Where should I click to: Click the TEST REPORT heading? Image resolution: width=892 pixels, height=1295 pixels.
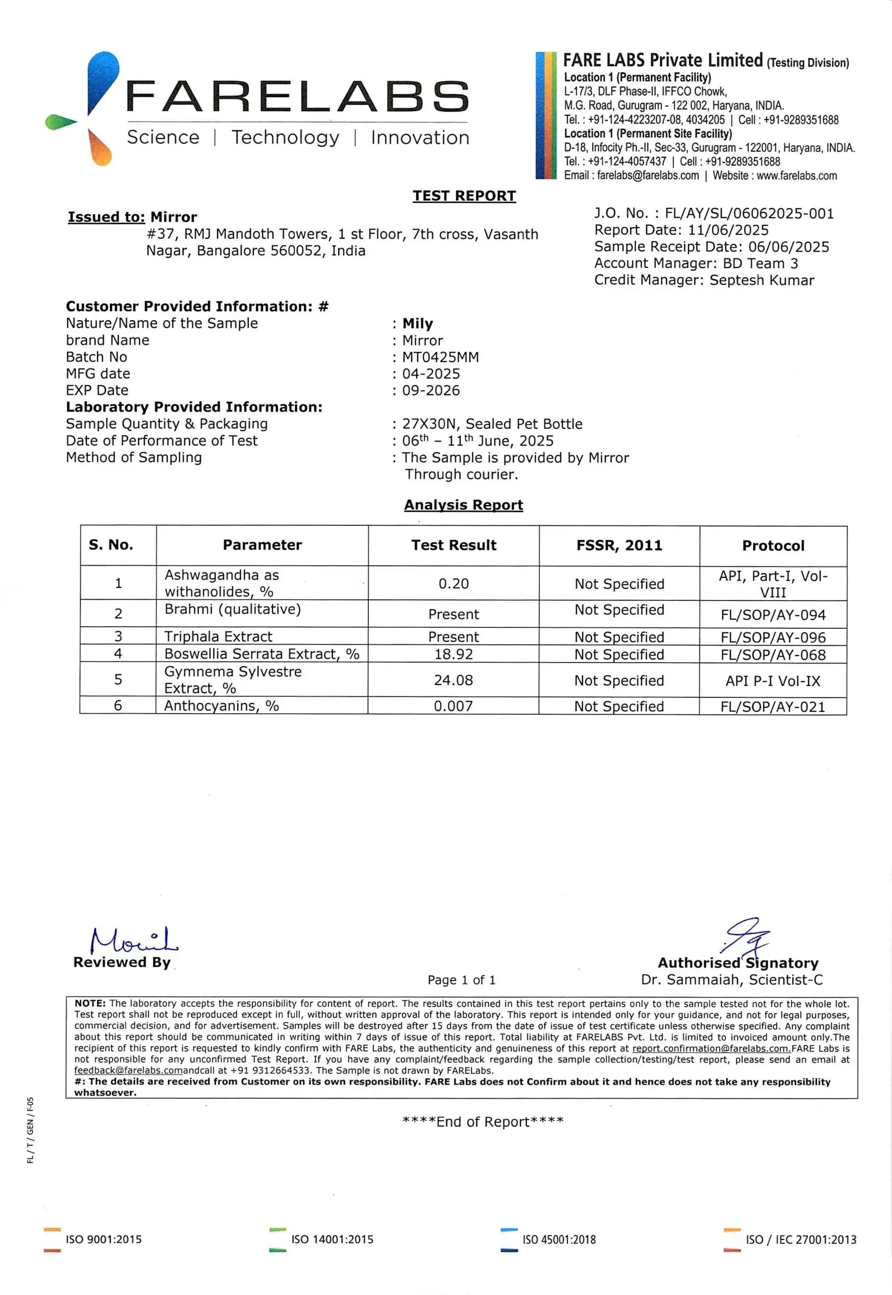pyautogui.click(x=464, y=196)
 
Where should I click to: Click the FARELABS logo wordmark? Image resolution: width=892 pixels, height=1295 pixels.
pyautogui.click(x=297, y=96)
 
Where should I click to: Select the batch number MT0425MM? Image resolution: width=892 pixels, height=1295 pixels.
pyautogui.click(x=440, y=357)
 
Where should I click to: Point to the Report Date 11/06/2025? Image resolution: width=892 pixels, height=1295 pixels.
pyautogui.click(x=728, y=230)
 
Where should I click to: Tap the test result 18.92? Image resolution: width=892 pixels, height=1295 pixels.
pyautogui.click(x=453, y=654)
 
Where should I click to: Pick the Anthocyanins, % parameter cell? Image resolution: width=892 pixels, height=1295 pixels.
pyautogui.click(x=221, y=706)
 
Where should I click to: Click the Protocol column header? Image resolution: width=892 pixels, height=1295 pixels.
pyautogui.click(x=773, y=546)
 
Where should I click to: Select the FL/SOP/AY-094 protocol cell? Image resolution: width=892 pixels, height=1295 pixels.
pyautogui.click(x=773, y=615)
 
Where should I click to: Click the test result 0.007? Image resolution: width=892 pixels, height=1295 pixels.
pyautogui.click(x=453, y=706)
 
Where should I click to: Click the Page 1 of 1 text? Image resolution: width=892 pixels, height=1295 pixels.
pyautogui.click(x=461, y=980)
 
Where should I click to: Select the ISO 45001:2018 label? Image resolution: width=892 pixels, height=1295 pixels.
pyautogui.click(x=559, y=1240)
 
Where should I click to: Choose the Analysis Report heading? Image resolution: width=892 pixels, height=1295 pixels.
pyautogui.click(x=463, y=505)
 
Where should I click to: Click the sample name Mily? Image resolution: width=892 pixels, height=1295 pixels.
pyautogui.click(x=418, y=324)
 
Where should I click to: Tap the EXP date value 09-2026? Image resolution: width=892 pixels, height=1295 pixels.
pyautogui.click(x=431, y=391)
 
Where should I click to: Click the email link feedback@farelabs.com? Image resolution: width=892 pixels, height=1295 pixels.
pyautogui.click(x=128, y=1070)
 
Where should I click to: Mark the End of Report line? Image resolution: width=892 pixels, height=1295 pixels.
pyautogui.click(x=483, y=1121)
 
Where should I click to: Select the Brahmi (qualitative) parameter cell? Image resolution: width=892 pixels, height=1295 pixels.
pyautogui.click(x=233, y=609)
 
